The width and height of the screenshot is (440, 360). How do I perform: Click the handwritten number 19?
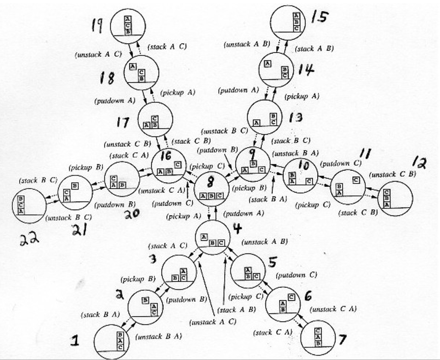(x=97, y=25)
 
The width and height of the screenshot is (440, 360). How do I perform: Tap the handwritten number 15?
(x=319, y=17)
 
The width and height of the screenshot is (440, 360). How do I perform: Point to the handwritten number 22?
(x=29, y=238)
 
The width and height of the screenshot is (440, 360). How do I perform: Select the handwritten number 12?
(x=419, y=162)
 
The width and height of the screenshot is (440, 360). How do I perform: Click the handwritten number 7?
(x=342, y=340)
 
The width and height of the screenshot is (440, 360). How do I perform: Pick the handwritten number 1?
(x=75, y=341)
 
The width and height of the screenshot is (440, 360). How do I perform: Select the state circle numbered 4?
(x=213, y=237)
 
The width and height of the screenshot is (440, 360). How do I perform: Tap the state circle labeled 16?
(x=169, y=165)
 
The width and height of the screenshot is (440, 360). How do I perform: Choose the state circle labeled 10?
(x=300, y=175)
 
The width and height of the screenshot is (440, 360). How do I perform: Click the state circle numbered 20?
(x=122, y=179)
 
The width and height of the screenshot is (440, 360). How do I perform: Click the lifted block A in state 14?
(x=268, y=64)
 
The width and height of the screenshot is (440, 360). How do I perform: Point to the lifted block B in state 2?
(x=146, y=300)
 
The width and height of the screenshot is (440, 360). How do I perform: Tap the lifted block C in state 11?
(x=356, y=180)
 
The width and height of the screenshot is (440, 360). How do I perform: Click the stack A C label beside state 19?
(x=167, y=47)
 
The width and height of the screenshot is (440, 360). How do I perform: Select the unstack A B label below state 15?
(x=247, y=44)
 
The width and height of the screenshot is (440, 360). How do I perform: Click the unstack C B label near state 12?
(x=392, y=174)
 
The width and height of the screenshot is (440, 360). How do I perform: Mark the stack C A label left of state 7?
(x=273, y=332)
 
